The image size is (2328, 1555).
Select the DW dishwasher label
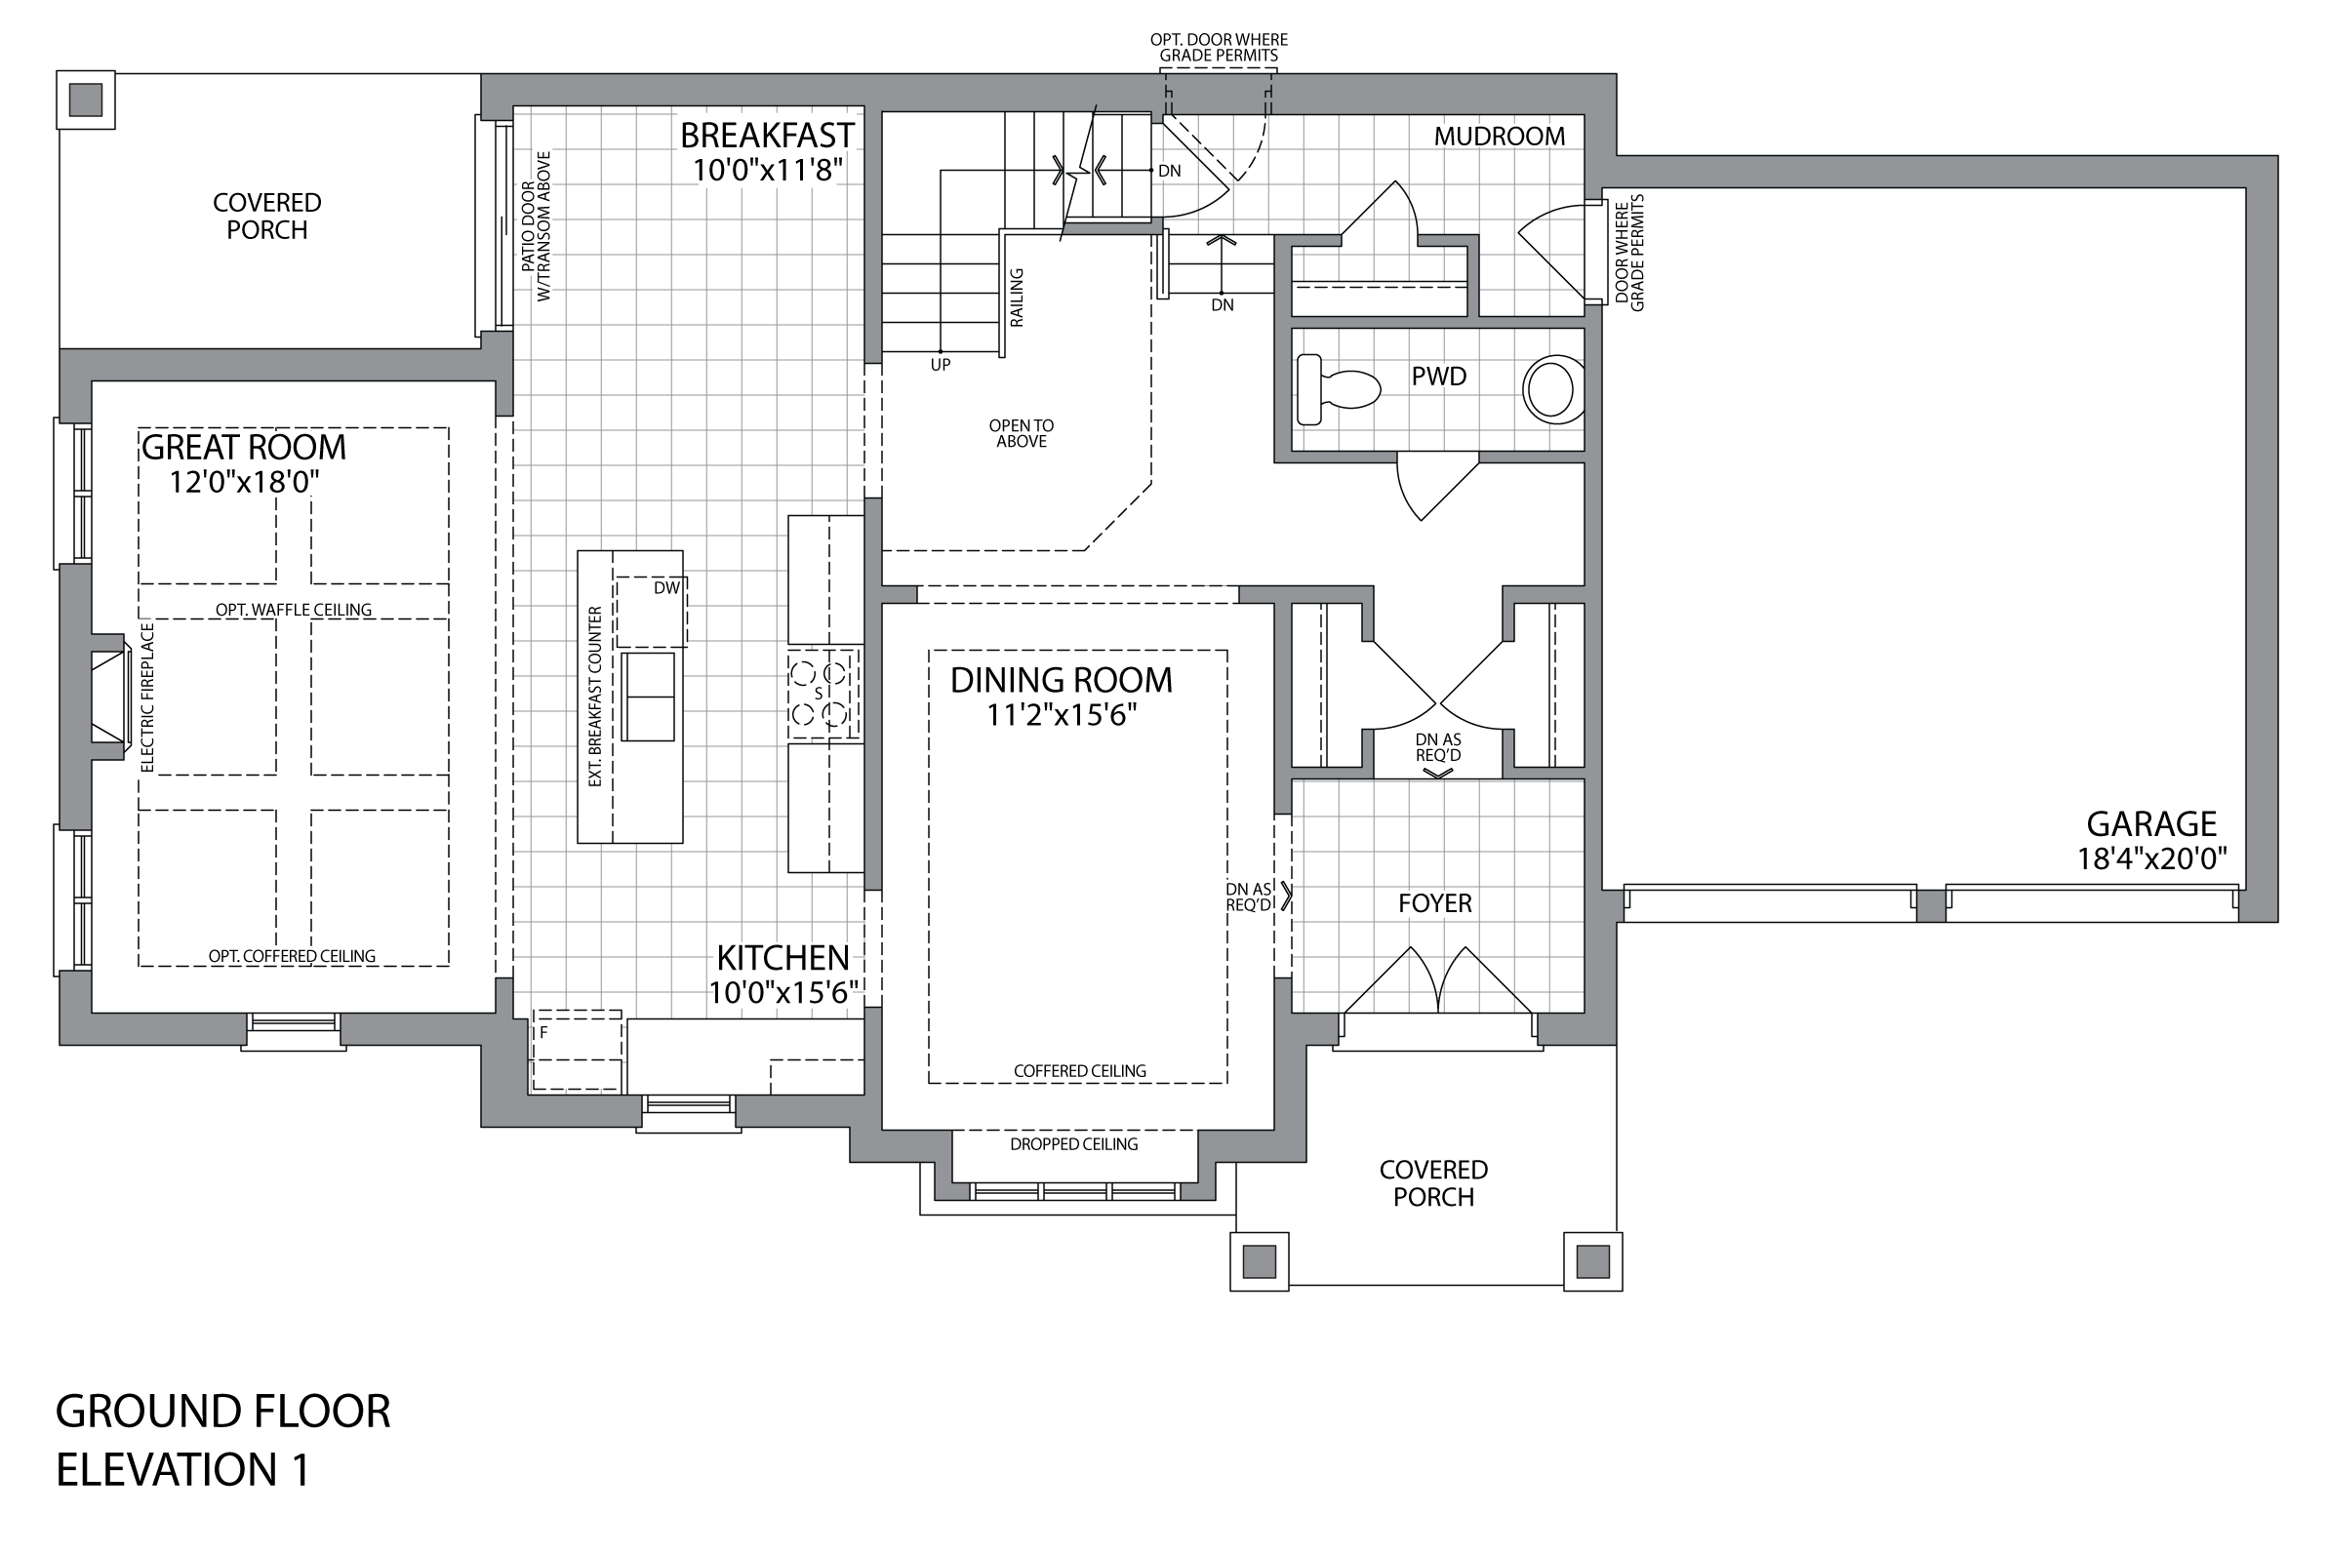pos(666,588)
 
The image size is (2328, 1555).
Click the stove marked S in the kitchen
pos(823,695)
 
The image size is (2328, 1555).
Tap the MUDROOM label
pos(1499,136)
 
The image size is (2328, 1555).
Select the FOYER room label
pos(1434,902)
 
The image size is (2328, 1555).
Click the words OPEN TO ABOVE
pos(1021,433)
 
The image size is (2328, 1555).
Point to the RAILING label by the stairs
pos(1017,298)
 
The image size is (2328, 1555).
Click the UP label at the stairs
pos(941,365)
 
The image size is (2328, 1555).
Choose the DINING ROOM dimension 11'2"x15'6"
pos(1062,715)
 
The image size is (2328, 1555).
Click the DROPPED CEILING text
pos(1073,1143)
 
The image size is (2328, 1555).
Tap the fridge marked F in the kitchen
pos(578,1051)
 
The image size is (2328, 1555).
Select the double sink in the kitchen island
pos(649,697)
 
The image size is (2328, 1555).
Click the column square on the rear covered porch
pos(85,100)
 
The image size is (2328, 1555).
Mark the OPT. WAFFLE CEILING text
pos(294,609)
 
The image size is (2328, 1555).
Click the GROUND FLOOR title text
pos(223,1412)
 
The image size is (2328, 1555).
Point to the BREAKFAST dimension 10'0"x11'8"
pos(768,170)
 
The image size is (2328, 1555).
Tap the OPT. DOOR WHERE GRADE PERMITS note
pos(1219,48)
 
